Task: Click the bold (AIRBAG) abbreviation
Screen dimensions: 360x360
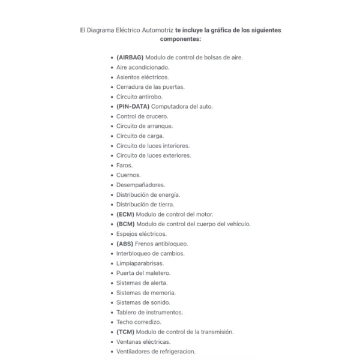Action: coord(130,58)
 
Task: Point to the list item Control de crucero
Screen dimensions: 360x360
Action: coord(142,116)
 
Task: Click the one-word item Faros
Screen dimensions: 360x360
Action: coord(125,165)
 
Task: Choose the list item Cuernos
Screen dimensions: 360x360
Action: coord(128,175)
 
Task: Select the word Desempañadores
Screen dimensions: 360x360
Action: coord(140,185)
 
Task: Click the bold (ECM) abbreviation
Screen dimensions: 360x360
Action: coord(125,214)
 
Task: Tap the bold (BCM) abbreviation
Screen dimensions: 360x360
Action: coord(125,224)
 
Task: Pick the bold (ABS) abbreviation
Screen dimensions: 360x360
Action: coord(125,244)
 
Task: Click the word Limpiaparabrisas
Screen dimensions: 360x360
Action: coord(140,263)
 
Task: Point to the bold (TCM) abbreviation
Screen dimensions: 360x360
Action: coord(125,332)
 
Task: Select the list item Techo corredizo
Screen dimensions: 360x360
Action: coord(139,322)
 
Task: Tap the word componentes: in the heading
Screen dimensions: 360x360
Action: coord(180,39)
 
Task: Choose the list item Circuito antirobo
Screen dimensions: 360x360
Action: coord(139,97)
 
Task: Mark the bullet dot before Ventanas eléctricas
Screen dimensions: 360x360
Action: coord(112,342)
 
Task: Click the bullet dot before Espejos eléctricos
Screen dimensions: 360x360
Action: coord(112,234)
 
